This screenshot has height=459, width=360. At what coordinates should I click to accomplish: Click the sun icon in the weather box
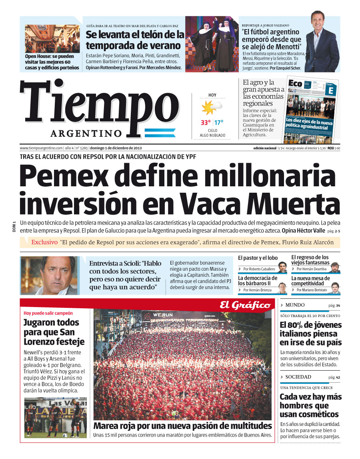coord(210,108)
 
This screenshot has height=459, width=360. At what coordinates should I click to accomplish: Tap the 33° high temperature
coord(206,123)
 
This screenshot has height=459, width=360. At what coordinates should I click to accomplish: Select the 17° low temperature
coord(219,123)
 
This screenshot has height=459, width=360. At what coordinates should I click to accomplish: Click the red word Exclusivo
coord(44,242)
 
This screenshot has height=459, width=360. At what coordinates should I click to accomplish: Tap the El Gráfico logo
coord(245,305)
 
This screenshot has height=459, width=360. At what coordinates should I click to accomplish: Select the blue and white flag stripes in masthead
coord(160,133)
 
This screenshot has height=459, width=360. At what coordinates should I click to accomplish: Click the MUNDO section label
coord(295,305)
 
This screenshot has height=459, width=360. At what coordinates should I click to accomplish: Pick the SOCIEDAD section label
coord(298,377)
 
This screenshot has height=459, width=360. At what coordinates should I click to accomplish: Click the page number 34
coord(338,306)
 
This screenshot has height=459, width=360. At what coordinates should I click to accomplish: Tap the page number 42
coord(338,377)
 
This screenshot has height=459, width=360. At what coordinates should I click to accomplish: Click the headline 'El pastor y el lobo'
coord(258,258)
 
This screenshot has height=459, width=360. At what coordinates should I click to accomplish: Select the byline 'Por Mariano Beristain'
coord(312,290)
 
